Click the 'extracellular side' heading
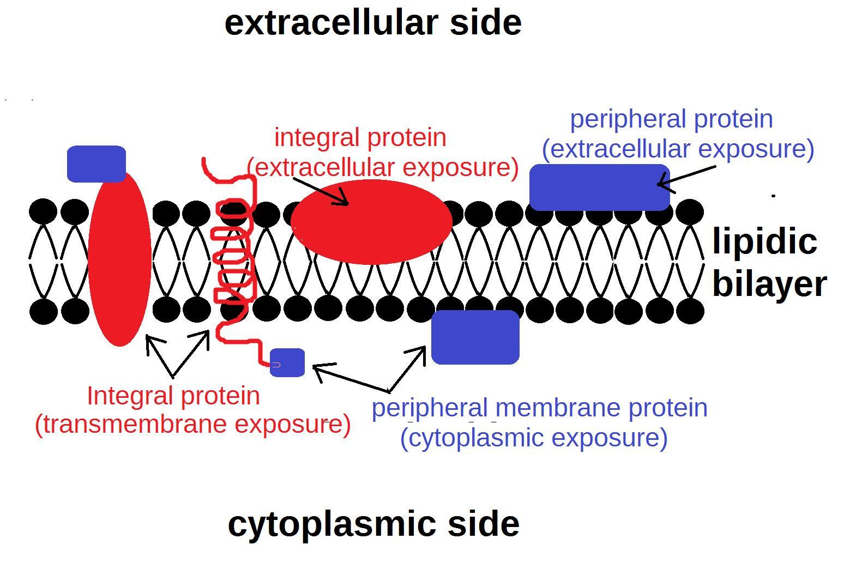click(373, 23)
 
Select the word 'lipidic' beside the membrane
click(764, 241)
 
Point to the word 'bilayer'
click(769, 284)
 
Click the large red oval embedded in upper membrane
click(371, 222)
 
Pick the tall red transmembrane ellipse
click(119, 259)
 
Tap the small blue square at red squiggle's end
click(287, 362)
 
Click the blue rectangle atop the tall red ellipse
click(97, 163)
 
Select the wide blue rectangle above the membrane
click(599, 187)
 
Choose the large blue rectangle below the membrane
click(475, 337)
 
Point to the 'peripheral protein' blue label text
click(671, 119)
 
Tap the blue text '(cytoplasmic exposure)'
click(534, 438)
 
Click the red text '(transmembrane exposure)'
click(192, 424)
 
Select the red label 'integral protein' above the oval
click(360, 137)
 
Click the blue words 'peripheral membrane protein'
click(539, 408)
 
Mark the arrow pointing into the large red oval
click(322, 191)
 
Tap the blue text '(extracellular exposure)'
click(678, 149)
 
